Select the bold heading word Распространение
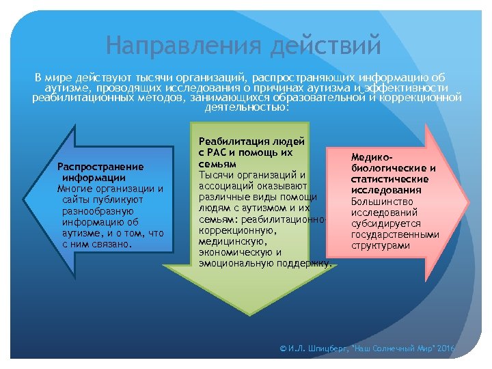[100, 167]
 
